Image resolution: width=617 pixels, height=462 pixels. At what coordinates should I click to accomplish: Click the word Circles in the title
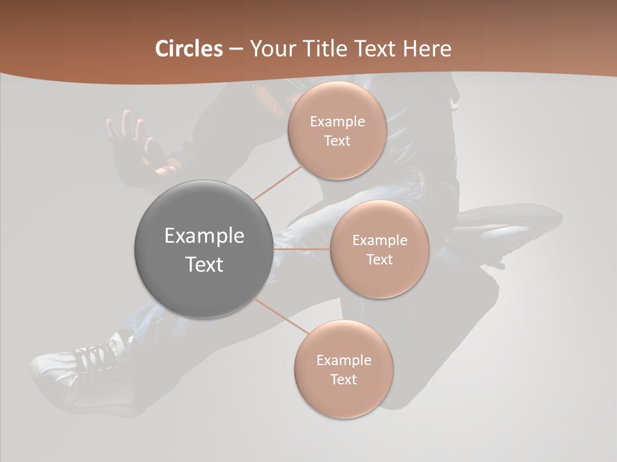[188, 49]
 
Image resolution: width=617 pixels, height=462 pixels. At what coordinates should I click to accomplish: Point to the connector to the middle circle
[302, 249]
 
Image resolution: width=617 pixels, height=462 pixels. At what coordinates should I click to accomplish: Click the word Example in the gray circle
[204, 236]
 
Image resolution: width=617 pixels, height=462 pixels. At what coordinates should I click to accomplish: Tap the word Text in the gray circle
[204, 264]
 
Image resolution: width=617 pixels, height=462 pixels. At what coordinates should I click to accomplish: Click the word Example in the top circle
[337, 122]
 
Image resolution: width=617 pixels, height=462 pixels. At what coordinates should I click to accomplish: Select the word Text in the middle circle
[379, 259]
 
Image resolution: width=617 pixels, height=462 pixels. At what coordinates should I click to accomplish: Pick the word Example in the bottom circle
[344, 360]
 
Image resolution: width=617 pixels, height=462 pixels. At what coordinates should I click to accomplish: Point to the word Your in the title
[271, 49]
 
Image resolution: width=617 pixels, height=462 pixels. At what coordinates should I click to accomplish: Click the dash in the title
[236, 49]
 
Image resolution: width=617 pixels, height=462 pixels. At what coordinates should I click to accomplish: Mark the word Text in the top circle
[337, 141]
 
